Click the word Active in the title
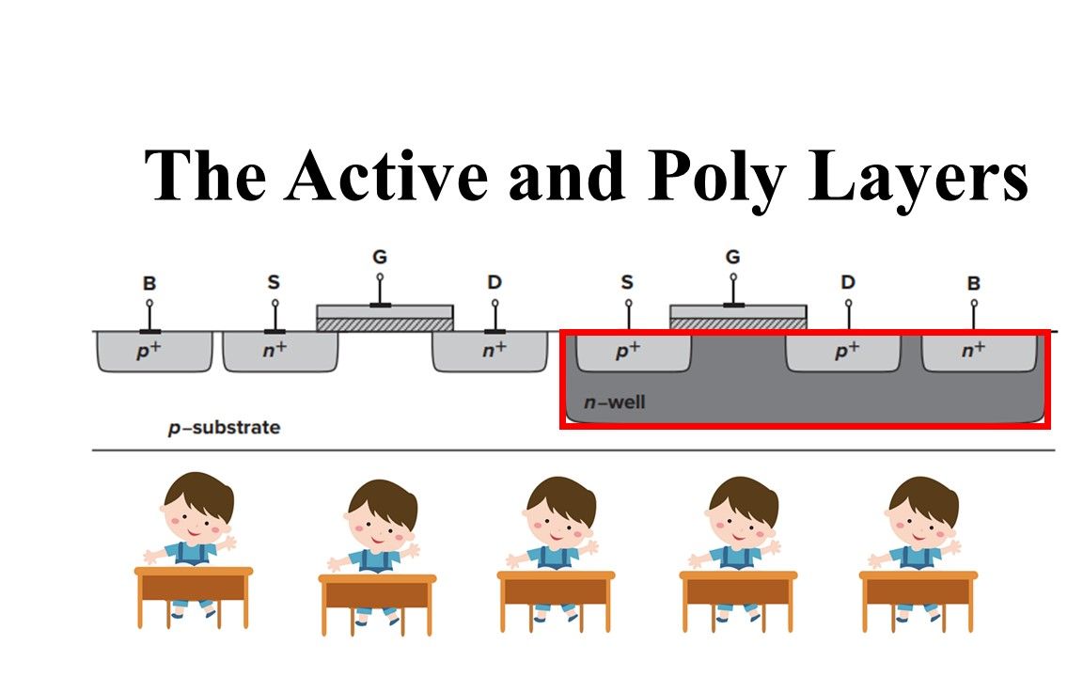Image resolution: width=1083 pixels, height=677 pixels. [x=386, y=176]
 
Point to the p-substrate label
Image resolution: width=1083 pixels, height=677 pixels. [x=225, y=429]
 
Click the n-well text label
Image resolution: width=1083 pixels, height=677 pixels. [x=614, y=402]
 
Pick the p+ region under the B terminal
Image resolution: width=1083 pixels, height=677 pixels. [x=154, y=352]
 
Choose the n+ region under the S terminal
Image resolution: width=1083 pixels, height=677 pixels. [x=280, y=352]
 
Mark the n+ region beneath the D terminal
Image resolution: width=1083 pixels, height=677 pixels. [x=490, y=352]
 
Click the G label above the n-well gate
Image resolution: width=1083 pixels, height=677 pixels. [x=733, y=257]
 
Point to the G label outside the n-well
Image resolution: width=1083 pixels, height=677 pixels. [x=380, y=257]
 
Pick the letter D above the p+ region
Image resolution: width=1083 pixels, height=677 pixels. [x=848, y=282]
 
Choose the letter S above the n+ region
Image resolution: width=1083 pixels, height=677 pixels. [x=275, y=282]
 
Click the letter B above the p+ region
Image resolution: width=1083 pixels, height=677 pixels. [x=149, y=283]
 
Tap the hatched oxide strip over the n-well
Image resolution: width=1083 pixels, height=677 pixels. [x=738, y=324]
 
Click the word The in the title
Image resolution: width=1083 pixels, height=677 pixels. [x=205, y=176]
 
